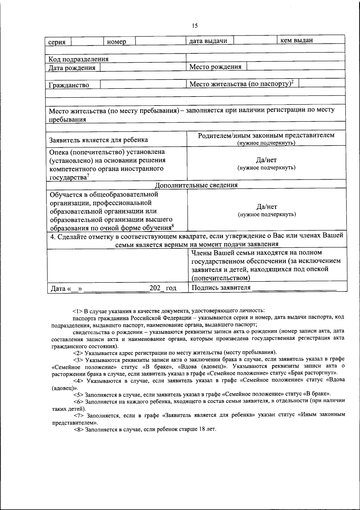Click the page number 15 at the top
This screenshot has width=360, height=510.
[195, 26]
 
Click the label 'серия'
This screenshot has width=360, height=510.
[57, 42]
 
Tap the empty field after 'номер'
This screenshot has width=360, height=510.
[160, 40]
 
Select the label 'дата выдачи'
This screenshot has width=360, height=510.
[208, 41]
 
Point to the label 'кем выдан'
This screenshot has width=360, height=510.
[296, 40]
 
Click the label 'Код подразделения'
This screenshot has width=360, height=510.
[79, 59]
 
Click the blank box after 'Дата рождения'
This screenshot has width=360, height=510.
[143, 67]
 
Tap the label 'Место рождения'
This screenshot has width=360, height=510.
[215, 67]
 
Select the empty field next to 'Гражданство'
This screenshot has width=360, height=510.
[143, 84]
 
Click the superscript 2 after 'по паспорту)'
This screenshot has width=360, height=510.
[292, 81]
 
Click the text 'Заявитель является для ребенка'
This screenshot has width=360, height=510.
[98, 140]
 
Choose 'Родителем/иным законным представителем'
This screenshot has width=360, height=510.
[266, 135]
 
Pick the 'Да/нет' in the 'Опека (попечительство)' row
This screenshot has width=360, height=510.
[266, 160]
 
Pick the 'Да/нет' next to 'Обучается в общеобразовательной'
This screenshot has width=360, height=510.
[267, 207]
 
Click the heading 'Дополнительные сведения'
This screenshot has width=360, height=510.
[196, 185]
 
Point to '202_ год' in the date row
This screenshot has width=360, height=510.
[163, 288]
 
